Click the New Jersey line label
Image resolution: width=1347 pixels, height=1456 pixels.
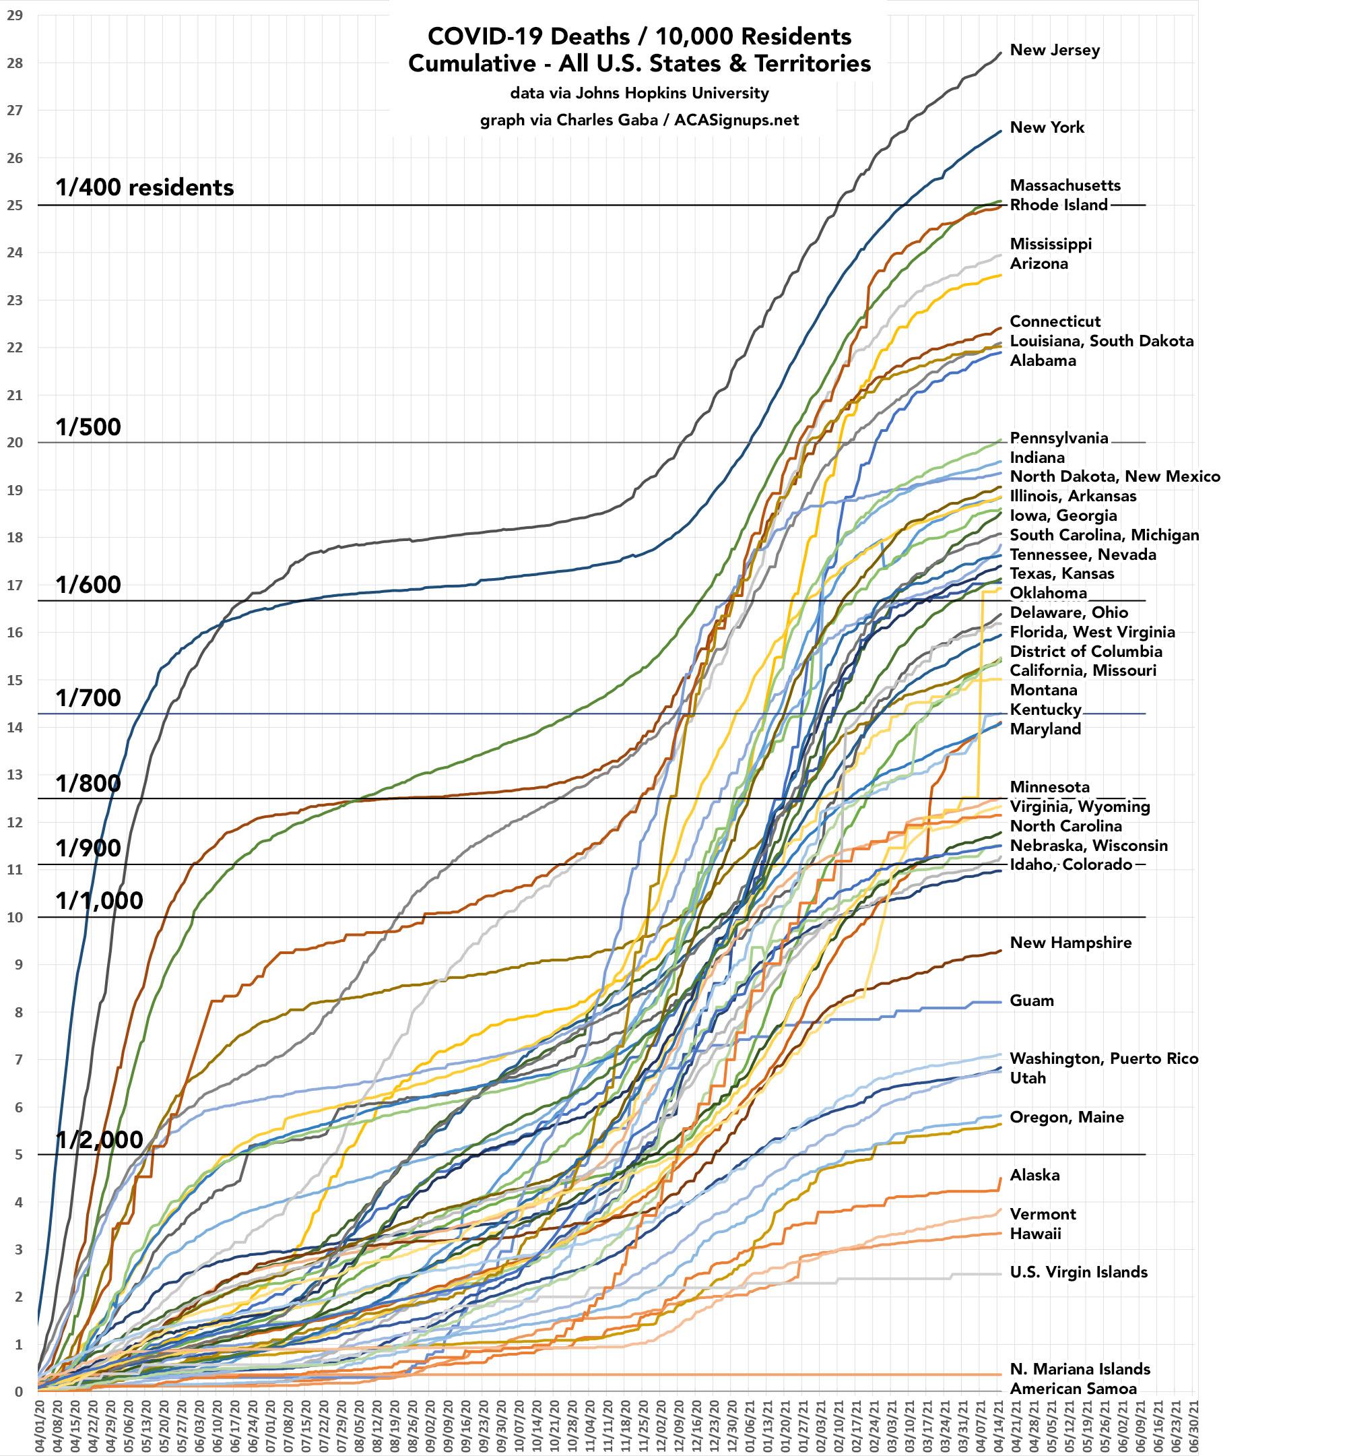[1054, 51]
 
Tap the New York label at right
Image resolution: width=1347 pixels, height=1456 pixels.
[1047, 127]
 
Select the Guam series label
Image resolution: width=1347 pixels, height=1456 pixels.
[1031, 1001]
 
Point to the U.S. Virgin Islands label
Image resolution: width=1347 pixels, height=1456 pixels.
[1078, 1271]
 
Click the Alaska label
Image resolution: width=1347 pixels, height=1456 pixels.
[1034, 1174]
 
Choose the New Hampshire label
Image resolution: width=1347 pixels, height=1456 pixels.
[1070, 942]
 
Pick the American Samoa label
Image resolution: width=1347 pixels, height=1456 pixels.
[1073, 1388]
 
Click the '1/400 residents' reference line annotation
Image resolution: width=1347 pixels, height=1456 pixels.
[145, 188]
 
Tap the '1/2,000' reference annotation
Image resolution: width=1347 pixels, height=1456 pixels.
[100, 1139]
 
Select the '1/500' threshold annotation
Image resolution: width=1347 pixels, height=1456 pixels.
[88, 427]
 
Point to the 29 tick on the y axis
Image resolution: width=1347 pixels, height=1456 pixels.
[15, 15]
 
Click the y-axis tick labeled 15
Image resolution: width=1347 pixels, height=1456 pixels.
[15, 680]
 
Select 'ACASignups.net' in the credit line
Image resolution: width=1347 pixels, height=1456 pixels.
[736, 121]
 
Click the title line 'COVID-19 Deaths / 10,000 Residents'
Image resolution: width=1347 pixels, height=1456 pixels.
[639, 36]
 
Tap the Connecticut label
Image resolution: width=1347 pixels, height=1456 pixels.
[1055, 321]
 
